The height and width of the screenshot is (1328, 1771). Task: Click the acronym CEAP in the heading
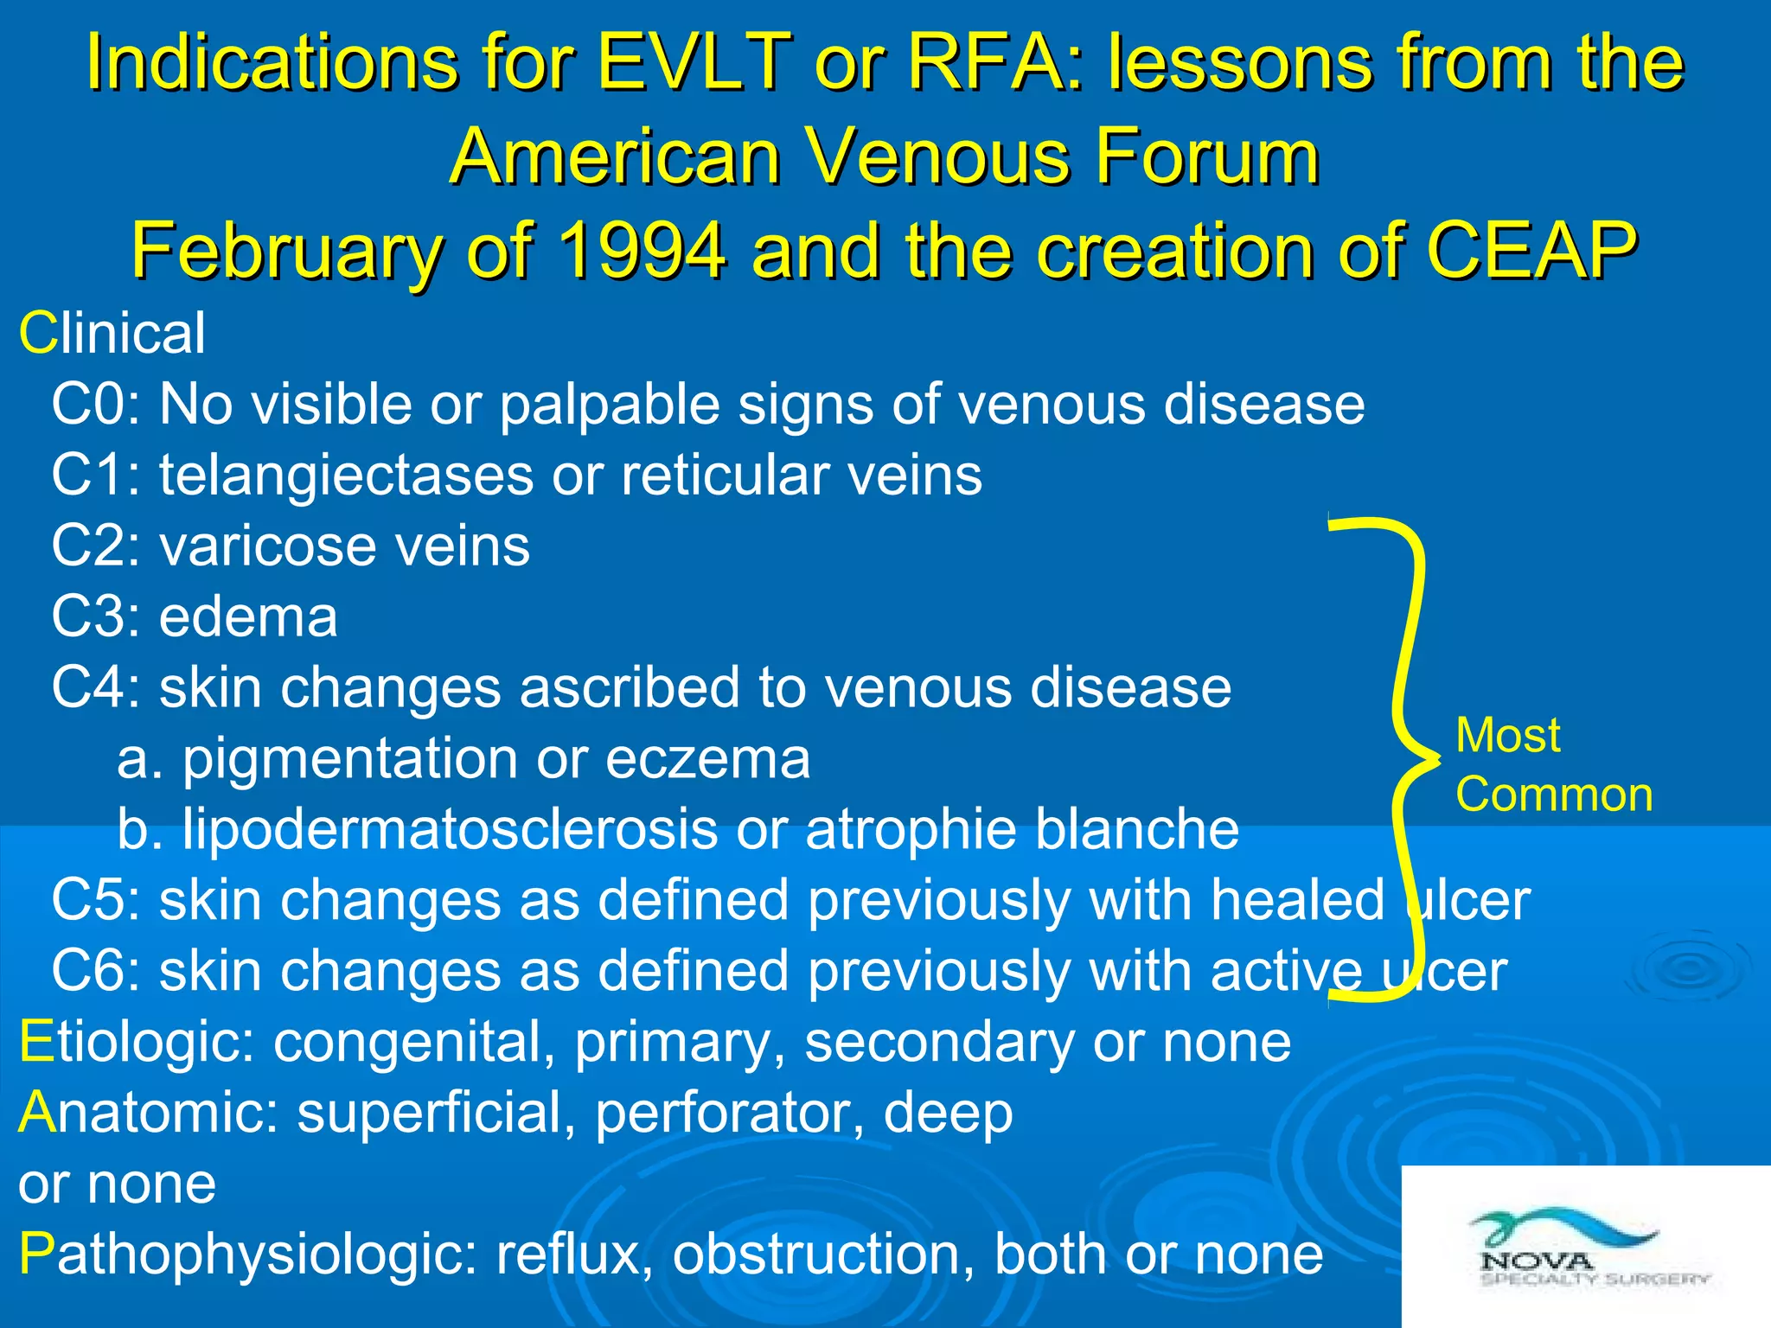[x=1531, y=251]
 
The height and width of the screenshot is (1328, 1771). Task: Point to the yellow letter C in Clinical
[x=37, y=334]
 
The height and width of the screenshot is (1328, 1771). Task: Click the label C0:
[x=96, y=405]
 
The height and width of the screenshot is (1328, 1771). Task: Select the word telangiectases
[x=346, y=476]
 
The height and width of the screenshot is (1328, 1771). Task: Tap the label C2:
[x=96, y=546]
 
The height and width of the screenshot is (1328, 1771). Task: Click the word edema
[x=248, y=617]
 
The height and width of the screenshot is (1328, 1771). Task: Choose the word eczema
[x=707, y=759]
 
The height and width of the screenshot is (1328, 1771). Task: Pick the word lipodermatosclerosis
[x=450, y=830]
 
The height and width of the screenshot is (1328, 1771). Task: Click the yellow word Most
[x=1507, y=736]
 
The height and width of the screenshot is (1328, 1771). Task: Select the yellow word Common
[x=1553, y=795]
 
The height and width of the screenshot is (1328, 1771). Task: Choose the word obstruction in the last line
[x=816, y=1255]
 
